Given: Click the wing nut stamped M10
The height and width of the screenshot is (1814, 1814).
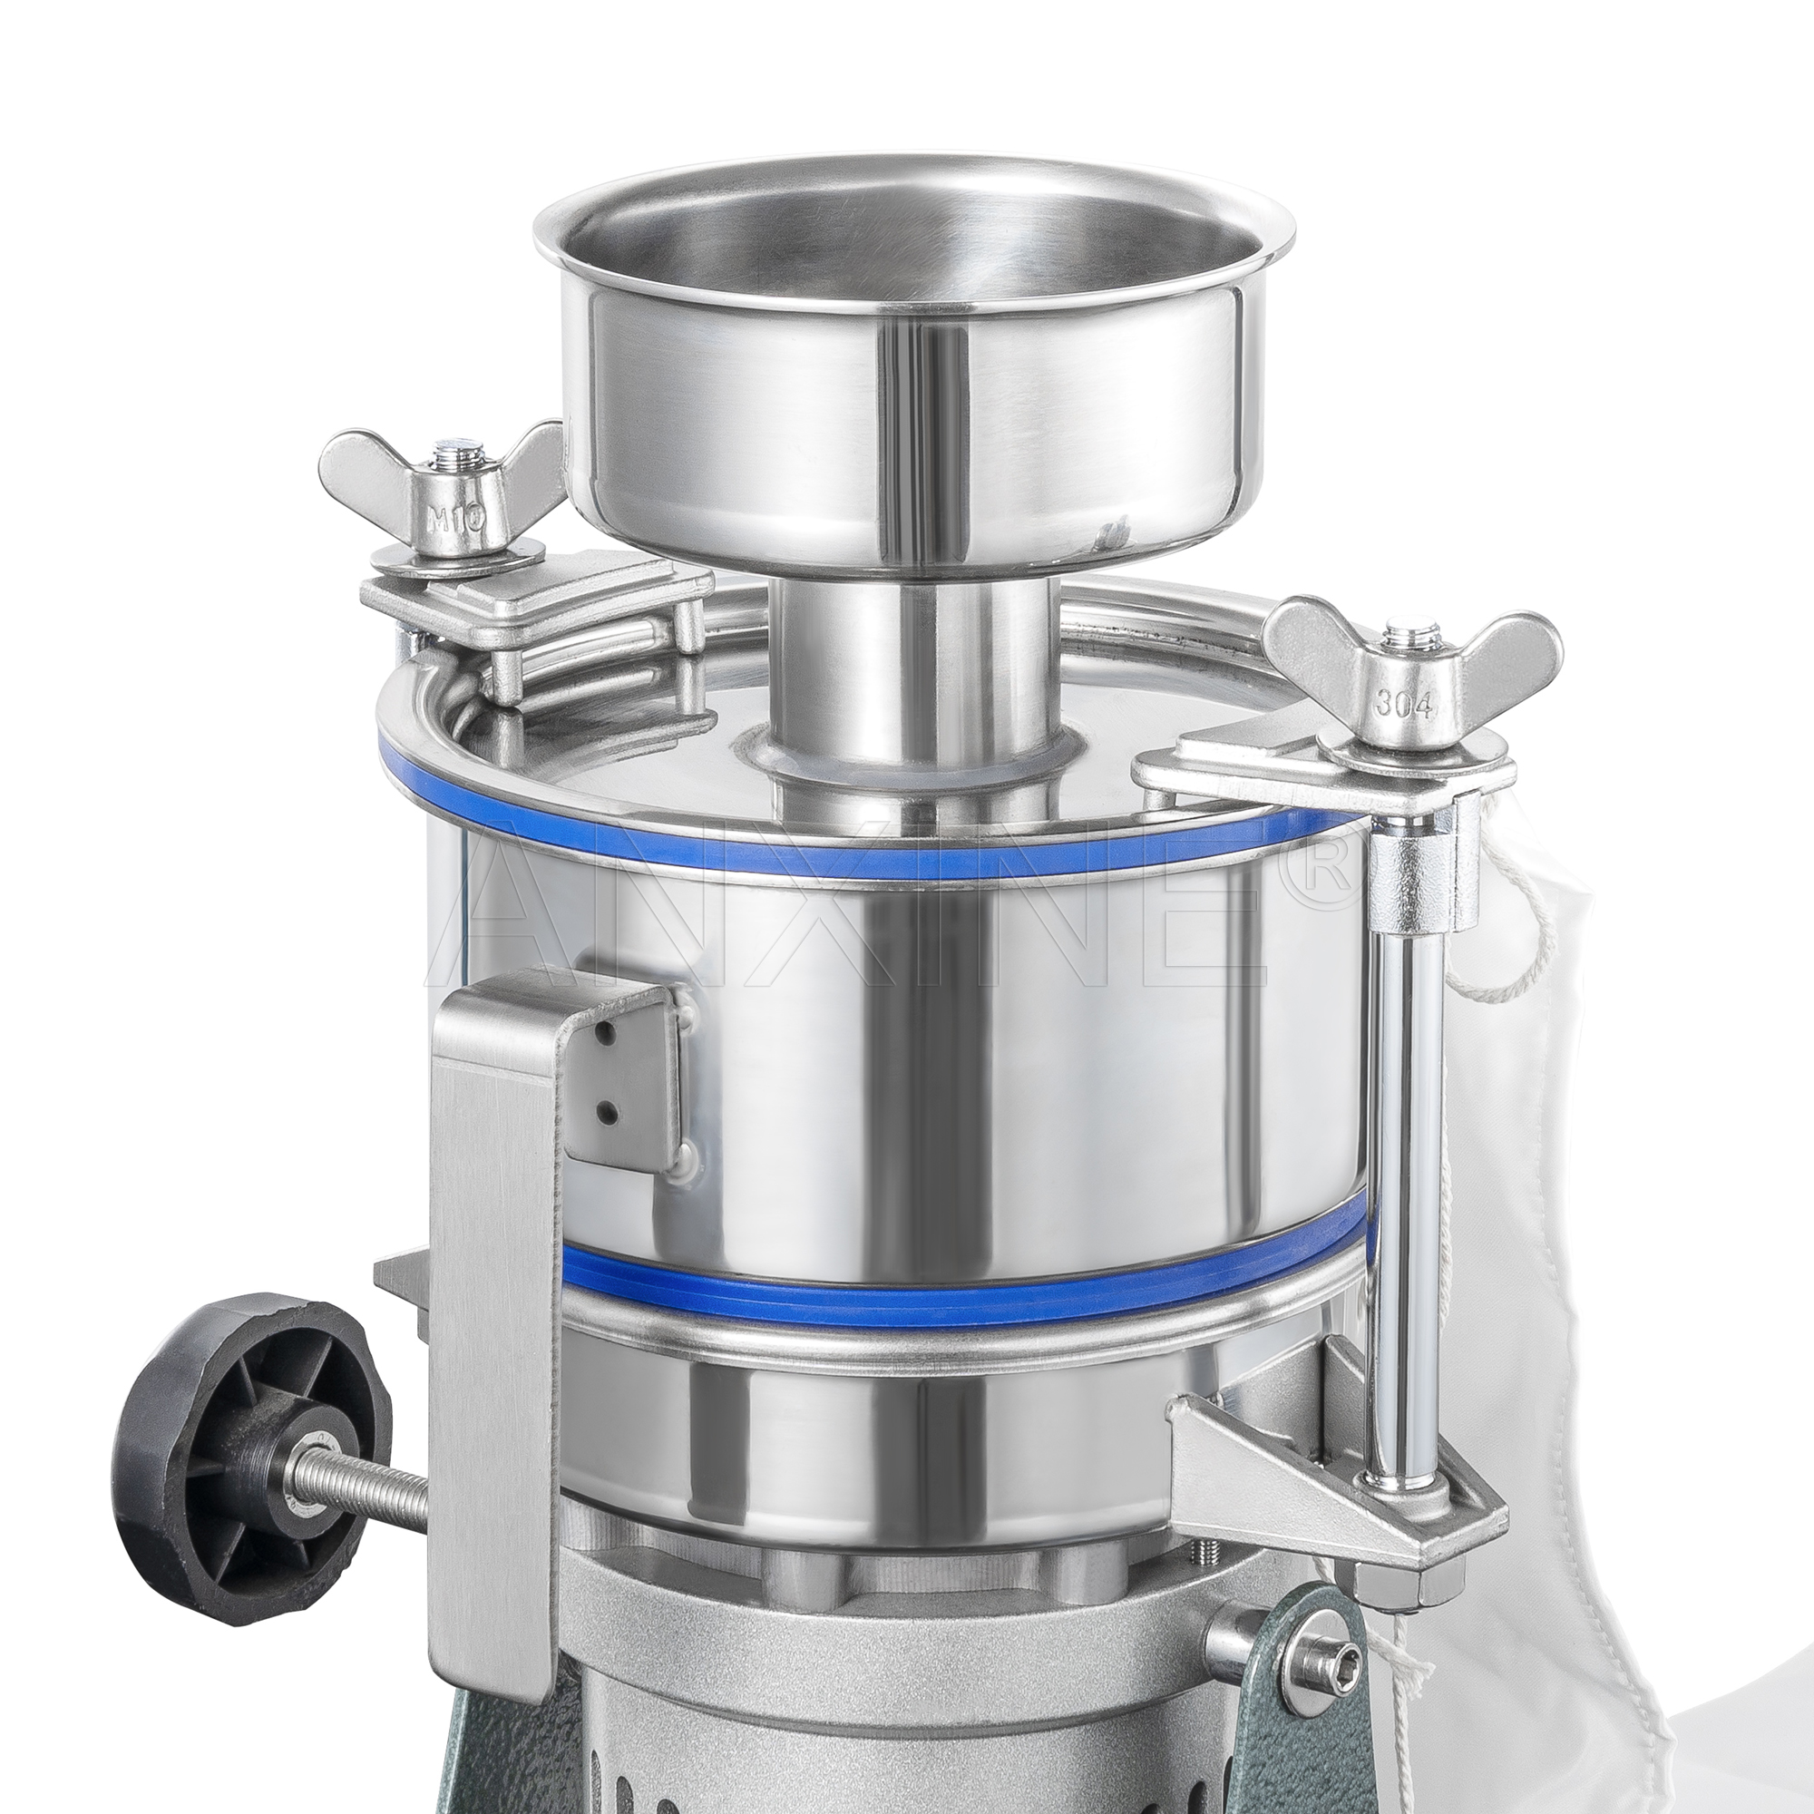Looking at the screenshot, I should pyautogui.click(x=457, y=507).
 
